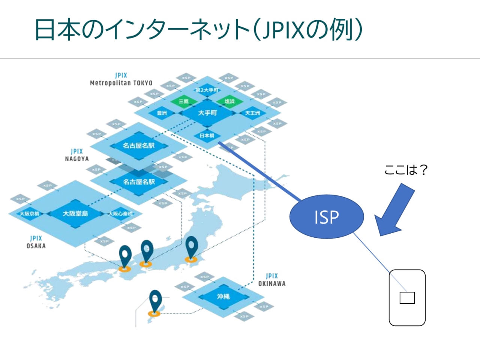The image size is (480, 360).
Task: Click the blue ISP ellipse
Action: [x=326, y=217]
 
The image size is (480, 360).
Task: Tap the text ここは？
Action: [x=406, y=170]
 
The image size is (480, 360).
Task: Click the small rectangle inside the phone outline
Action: [x=407, y=298]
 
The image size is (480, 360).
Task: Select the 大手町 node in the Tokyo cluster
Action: [x=207, y=112]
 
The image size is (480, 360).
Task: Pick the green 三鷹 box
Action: [x=184, y=101]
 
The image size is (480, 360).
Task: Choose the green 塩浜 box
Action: [x=229, y=101]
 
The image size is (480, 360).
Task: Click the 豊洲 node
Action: [x=162, y=113]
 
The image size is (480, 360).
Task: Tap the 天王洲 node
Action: [x=252, y=113]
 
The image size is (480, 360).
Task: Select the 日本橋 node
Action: [x=207, y=135]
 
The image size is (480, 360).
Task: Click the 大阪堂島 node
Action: [x=75, y=213]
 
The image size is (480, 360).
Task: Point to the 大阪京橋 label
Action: [x=29, y=214]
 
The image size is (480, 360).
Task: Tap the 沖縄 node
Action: [x=223, y=297]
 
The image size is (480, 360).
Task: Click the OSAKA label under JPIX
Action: [x=36, y=246]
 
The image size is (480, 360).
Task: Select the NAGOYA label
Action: [x=77, y=159]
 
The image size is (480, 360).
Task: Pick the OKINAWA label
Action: [x=272, y=283]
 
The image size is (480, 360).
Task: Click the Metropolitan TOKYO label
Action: [x=121, y=83]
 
